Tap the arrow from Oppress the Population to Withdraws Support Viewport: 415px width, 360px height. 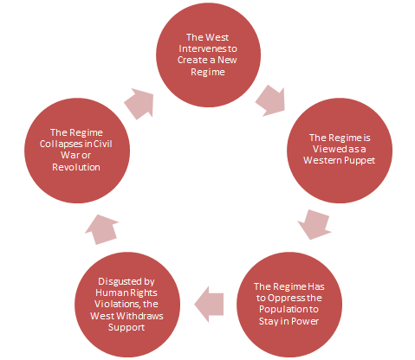pyautogui.click(x=211, y=302)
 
